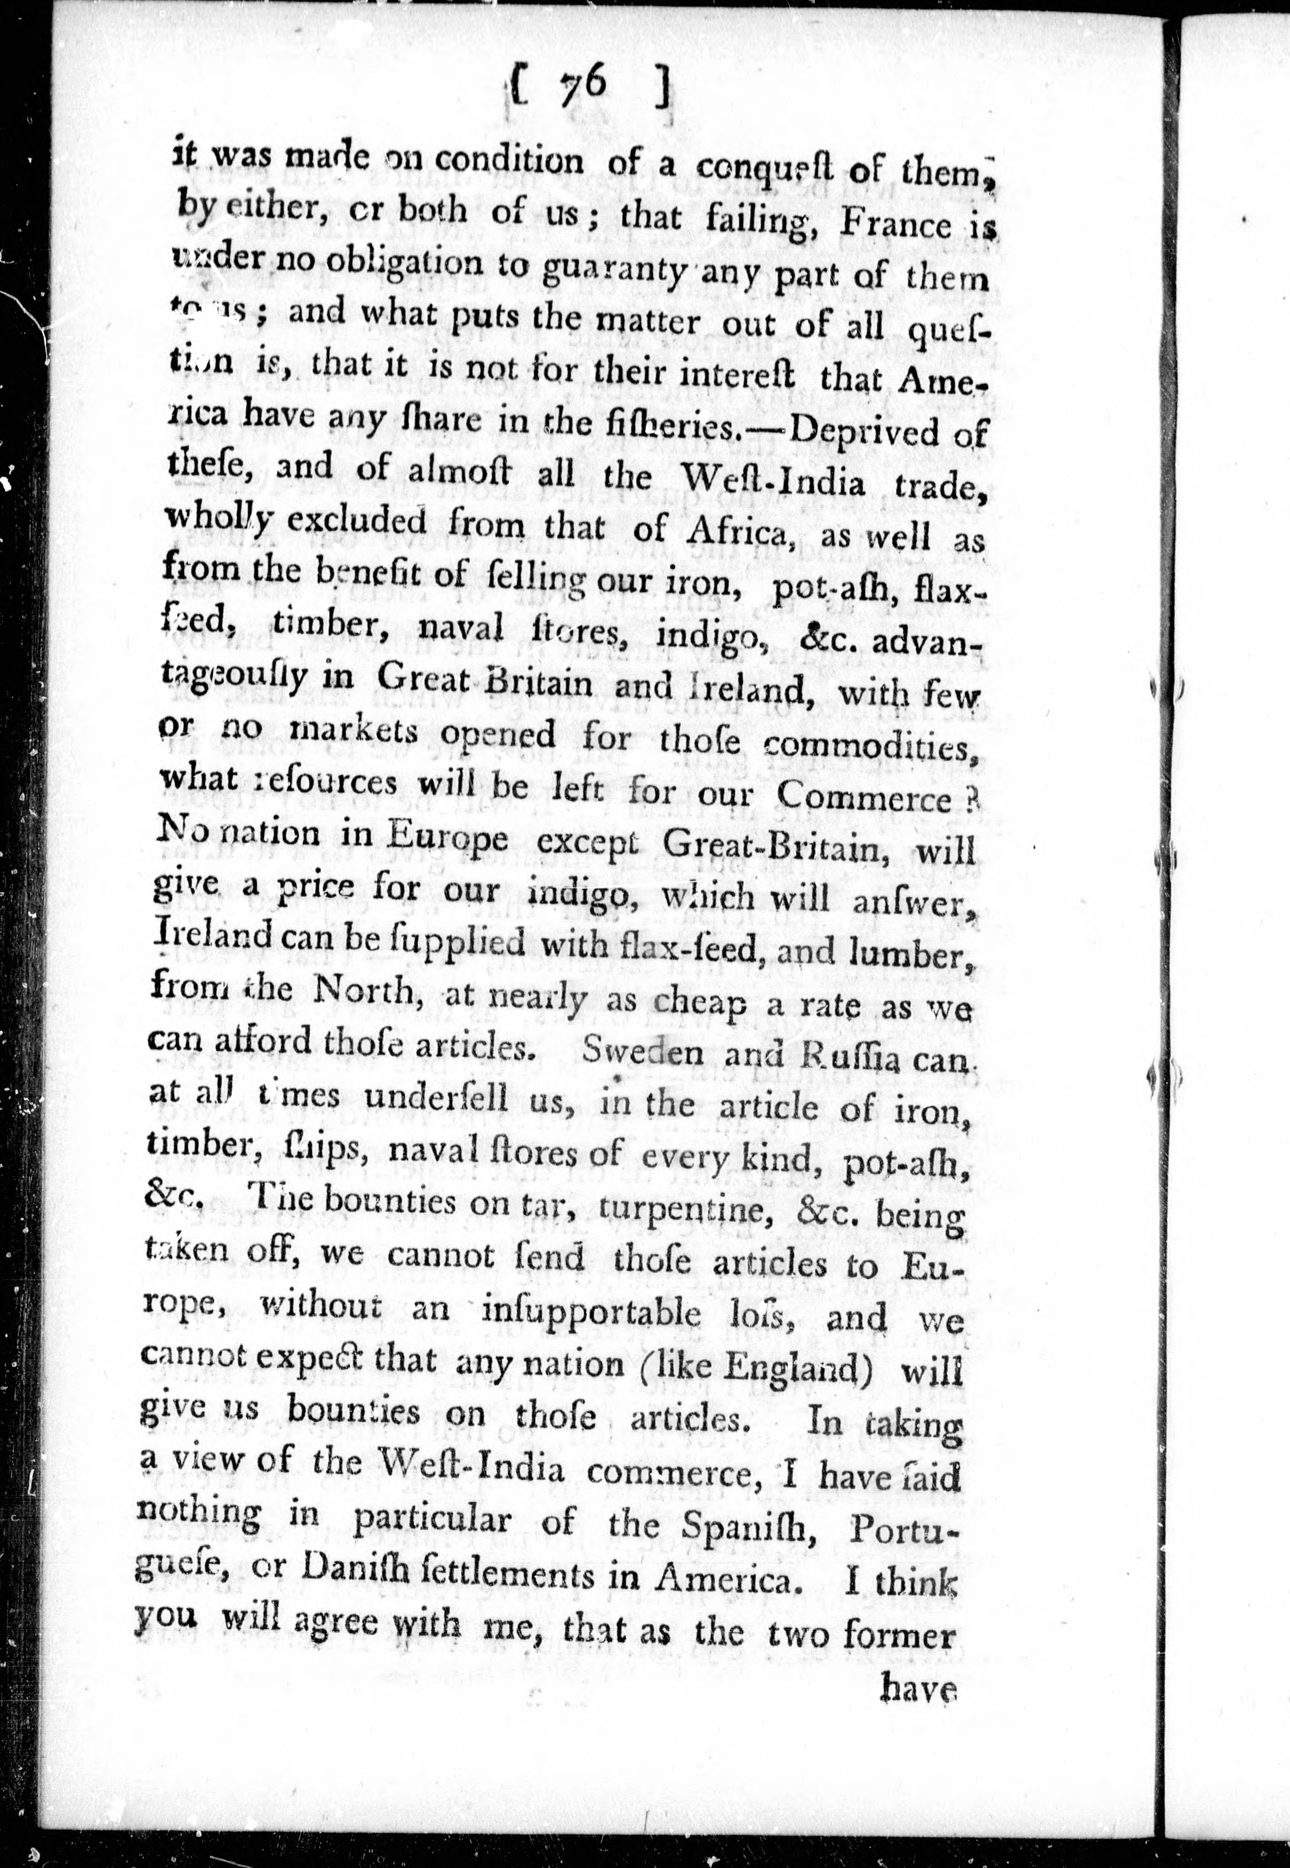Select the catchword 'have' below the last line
point(921,1687)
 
